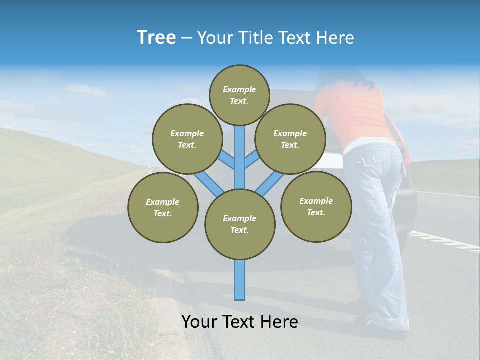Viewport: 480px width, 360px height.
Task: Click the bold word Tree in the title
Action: [x=156, y=37]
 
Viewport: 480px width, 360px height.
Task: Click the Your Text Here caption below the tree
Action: [x=240, y=322]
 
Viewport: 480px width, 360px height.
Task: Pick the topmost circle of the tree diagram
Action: [x=239, y=95]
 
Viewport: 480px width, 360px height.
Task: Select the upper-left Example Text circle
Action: [x=187, y=139]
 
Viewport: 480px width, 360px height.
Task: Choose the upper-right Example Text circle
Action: [x=290, y=139]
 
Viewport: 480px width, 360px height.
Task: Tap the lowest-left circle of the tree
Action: [x=163, y=207]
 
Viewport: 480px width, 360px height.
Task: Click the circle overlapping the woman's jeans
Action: [x=316, y=206]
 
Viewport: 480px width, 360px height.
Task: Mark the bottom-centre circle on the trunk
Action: [x=240, y=224]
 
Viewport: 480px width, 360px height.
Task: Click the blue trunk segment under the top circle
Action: [x=240, y=150]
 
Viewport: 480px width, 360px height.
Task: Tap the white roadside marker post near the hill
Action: [x=149, y=170]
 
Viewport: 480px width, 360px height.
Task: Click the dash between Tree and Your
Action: [x=186, y=38]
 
